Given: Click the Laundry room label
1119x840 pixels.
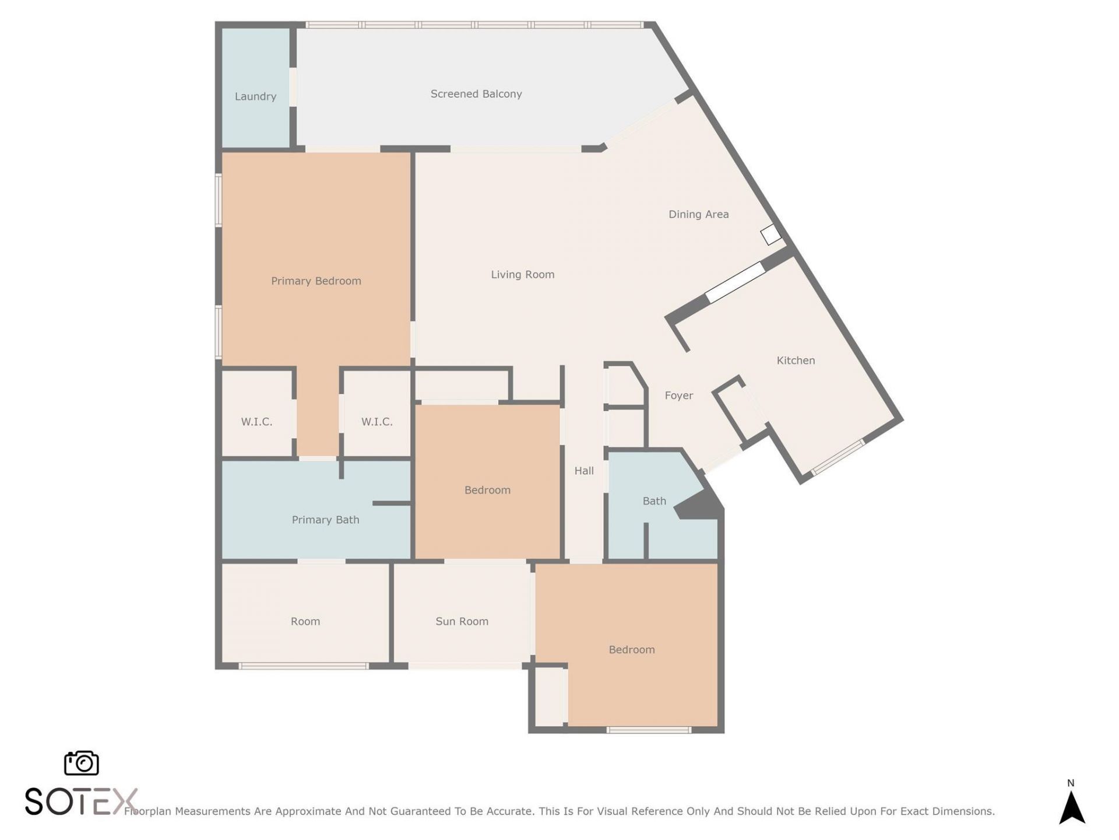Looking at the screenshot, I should (x=255, y=97).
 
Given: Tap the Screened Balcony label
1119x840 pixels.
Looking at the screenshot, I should (x=476, y=94).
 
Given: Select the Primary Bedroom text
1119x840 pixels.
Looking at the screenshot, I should (x=316, y=281).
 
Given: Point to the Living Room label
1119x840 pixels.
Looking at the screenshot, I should (x=522, y=275).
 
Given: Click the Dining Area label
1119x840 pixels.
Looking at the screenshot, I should (x=698, y=215).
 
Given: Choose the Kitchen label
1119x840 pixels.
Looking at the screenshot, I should (x=796, y=360).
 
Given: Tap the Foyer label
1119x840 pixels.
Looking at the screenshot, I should (x=679, y=395).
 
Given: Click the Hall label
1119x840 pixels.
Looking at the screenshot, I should (x=584, y=471).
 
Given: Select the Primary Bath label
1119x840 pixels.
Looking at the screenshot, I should (x=325, y=520).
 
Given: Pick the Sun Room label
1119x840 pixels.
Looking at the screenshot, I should (x=462, y=621).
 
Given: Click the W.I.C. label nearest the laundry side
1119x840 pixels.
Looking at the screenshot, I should (x=256, y=422).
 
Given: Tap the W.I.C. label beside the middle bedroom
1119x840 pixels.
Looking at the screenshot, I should (x=376, y=422).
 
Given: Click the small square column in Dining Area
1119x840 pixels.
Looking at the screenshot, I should (x=770, y=235).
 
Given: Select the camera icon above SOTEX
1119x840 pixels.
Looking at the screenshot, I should (x=81, y=763).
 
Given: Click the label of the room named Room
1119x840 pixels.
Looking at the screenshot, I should (x=305, y=621).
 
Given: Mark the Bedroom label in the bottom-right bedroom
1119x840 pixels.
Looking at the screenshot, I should (x=631, y=650).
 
